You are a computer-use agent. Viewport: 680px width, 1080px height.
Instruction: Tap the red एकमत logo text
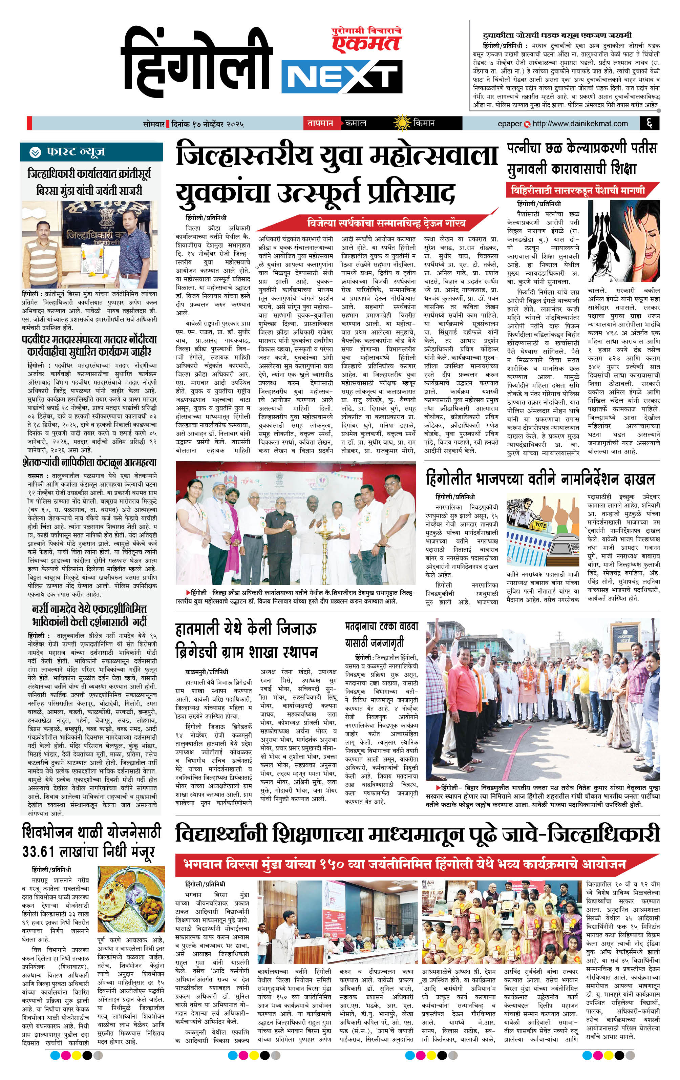click(365, 43)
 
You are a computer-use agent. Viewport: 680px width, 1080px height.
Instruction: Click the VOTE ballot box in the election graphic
click(540, 524)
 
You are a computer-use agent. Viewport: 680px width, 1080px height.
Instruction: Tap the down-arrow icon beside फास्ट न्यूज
click(35, 152)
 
